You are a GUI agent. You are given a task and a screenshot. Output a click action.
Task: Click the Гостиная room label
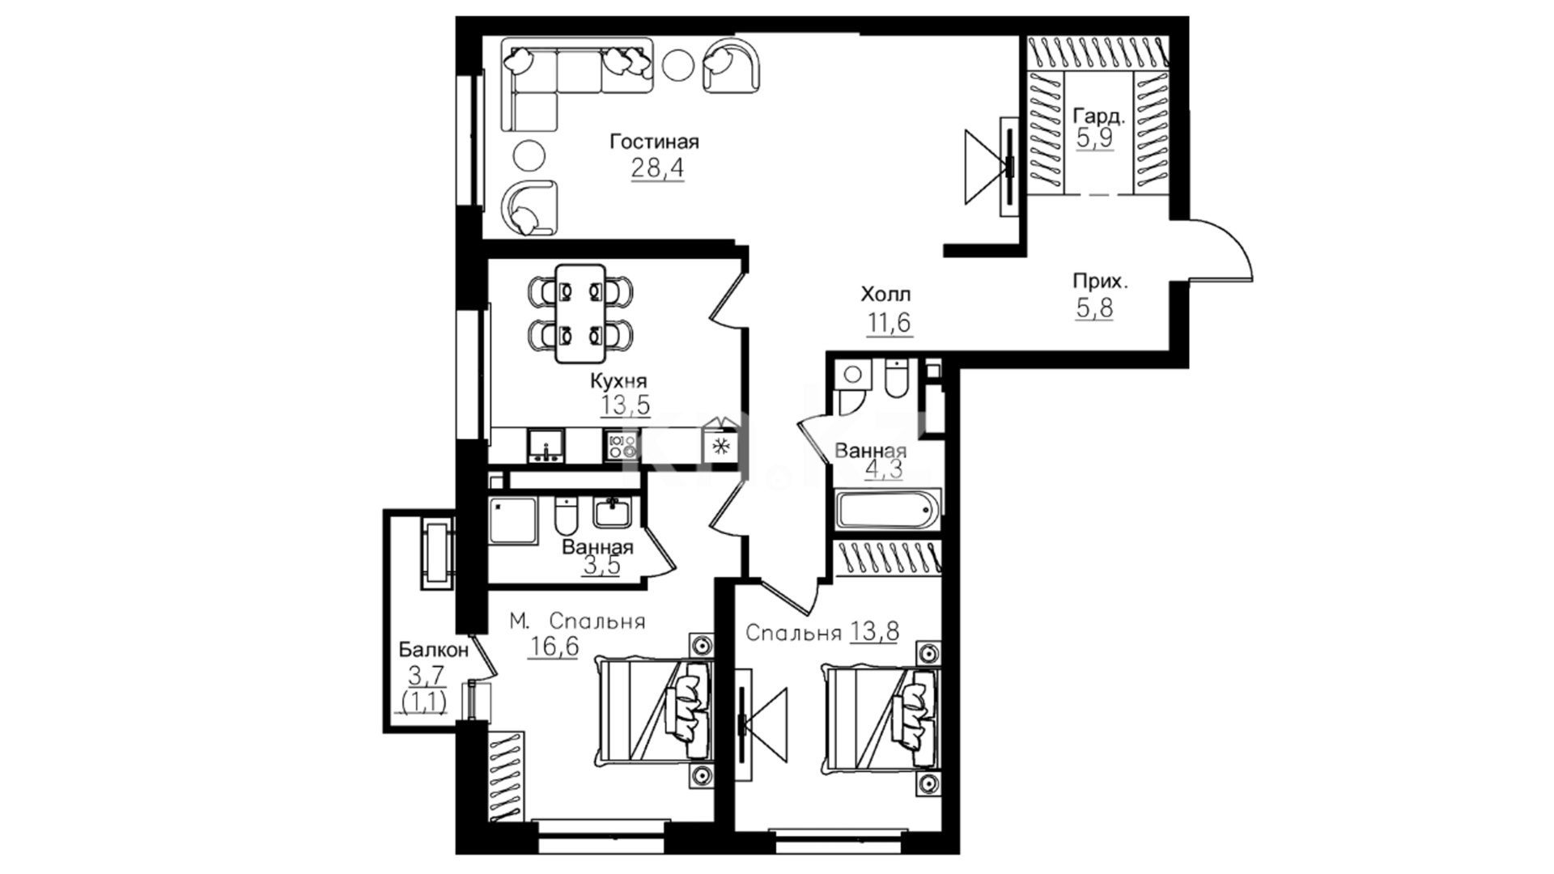pos(654,142)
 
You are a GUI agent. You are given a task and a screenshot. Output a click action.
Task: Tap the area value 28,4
pos(656,168)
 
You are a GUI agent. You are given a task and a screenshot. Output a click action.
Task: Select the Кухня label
pos(618,381)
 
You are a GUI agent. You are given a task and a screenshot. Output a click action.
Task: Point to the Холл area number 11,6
pos(890,323)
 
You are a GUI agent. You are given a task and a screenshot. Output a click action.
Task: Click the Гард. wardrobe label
pos(1098,117)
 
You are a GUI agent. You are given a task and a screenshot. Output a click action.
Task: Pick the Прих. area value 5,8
pos(1094,308)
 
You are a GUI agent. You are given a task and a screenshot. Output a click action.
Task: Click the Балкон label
pos(434,650)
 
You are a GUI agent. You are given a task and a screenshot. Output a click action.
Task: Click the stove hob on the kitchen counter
pos(621,446)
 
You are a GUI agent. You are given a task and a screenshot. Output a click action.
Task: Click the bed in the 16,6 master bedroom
pos(655,708)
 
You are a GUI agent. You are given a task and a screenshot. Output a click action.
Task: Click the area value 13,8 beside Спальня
pos(875,630)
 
